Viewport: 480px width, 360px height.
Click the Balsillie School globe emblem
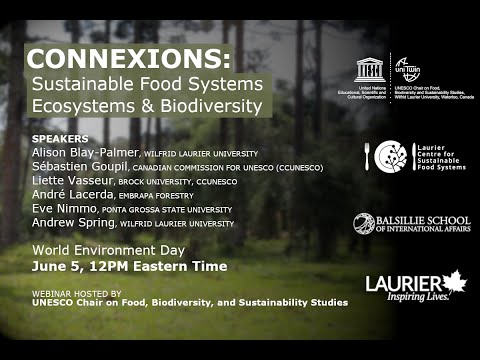pyautogui.click(x=364, y=223)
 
